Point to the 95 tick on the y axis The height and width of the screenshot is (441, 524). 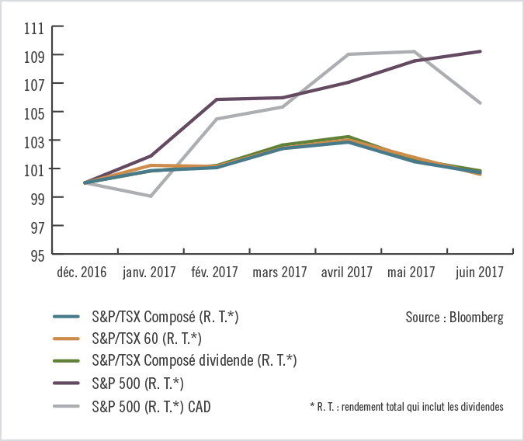coord(36,255)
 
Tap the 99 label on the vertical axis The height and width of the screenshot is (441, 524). coord(36,198)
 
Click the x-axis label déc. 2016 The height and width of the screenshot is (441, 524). coord(83,273)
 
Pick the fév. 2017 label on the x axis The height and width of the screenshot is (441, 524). coord(213,273)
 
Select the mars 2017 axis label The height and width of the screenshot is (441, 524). coord(279,273)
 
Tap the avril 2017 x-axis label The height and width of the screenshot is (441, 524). coord(346,273)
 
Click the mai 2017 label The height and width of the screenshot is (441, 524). coord(412,273)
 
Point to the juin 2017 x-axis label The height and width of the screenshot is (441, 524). coord(478,273)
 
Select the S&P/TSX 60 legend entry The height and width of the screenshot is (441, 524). coord(146,339)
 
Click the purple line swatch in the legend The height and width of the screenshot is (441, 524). coord(68,383)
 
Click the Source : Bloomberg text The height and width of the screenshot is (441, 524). coord(454,318)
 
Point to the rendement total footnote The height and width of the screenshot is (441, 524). coord(406,406)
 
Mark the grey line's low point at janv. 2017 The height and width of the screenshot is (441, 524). coord(150,196)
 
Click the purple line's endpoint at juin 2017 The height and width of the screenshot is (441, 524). coord(481,51)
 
